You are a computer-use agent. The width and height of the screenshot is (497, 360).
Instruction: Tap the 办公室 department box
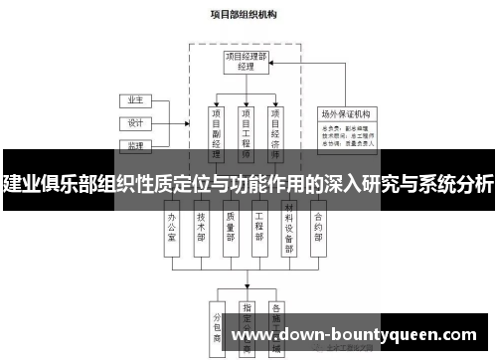click(x=173, y=226)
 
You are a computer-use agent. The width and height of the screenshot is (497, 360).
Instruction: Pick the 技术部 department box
click(x=202, y=226)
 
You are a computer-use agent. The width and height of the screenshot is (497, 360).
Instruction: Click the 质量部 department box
click(x=231, y=226)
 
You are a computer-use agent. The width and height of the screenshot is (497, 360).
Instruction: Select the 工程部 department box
click(x=260, y=226)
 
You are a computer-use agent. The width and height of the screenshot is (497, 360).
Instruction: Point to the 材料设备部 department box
click(x=289, y=226)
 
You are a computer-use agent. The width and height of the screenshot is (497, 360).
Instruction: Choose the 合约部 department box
click(x=319, y=226)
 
